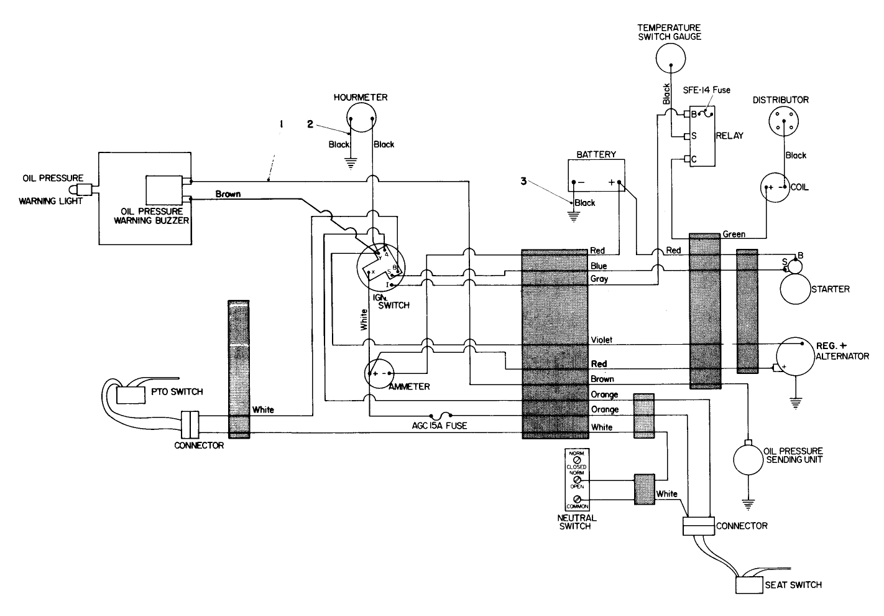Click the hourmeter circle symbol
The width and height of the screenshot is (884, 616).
click(x=361, y=118)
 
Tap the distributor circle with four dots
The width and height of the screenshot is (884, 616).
click(x=785, y=120)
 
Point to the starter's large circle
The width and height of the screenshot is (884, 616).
click(x=796, y=289)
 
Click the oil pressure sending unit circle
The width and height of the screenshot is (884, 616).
click(x=749, y=459)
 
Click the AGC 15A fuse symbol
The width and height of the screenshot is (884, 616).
click(x=441, y=414)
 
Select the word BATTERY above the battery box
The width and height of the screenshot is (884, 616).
click(x=596, y=154)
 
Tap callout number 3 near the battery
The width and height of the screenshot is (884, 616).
click(x=523, y=182)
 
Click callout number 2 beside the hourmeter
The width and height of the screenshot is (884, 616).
click(x=310, y=124)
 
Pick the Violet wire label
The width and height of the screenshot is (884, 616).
click(x=601, y=340)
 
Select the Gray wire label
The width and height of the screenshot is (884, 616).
click(x=599, y=279)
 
